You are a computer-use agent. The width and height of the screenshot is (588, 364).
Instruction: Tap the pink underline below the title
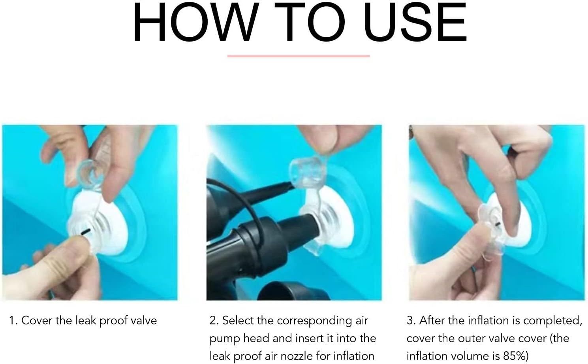[x=299, y=56]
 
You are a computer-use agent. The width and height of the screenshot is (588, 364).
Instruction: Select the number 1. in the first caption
[x=13, y=321]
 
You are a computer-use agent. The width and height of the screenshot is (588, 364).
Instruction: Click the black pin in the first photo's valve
[x=86, y=232]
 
